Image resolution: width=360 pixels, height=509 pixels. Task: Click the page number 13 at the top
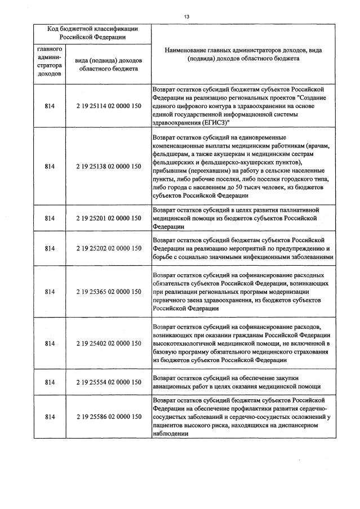pyautogui.click(x=186, y=16)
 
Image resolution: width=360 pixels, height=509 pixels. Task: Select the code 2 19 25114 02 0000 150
pyautogui.click(x=108, y=105)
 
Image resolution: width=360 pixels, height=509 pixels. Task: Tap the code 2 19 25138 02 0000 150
pyautogui.click(x=108, y=167)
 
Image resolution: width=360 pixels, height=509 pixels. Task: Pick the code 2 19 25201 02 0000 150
pyautogui.click(x=108, y=218)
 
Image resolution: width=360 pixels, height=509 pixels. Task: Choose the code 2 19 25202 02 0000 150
pyautogui.click(x=108, y=248)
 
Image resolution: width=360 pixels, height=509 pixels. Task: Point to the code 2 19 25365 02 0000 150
pyautogui.click(x=108, y=292)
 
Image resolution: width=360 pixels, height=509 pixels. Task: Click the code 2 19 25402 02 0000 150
pyautogui.click(x=108, y=343)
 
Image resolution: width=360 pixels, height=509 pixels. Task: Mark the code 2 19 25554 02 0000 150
pyautogui.click(x=108, y=382)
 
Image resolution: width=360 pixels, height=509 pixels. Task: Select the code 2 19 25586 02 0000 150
pyautogui.click(x=108, y=417)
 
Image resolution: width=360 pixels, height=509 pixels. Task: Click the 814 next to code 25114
pyautogui.click(x=50, y=105)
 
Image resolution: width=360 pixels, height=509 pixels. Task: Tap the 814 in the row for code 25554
pyautogui.click(x=50, y=382)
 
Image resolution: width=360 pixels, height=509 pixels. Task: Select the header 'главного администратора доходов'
pyautogui.click(x=50, y=61)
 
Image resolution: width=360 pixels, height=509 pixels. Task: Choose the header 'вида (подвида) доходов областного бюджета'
pyautogui.click(x=108, y=65)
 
